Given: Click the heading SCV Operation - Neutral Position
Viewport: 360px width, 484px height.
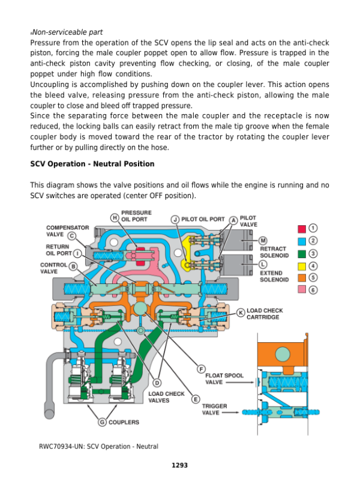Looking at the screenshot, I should pyautogui.click(x=92, y=164).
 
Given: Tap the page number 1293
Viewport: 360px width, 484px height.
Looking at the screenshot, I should pyautogui.click(x=179, y=465).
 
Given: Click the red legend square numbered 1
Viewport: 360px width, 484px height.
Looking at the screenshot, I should pyautogui.click(x=302, y=229).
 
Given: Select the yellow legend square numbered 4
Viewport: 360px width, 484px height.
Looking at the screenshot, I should pyautogui.click(x=302, y=265).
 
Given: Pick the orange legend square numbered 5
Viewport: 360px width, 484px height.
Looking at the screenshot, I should pyautogui.click(x=302, y=277).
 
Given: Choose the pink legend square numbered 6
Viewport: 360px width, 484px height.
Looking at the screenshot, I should pyautogui.click(x=302, y=290).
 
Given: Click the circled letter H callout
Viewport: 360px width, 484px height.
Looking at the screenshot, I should pyautogui.click(x=114, y=217).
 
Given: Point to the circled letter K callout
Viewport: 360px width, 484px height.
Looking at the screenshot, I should pyautogui.click(x=240, y=313).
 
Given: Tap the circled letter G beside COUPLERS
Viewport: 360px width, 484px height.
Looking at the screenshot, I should pyautogui.click(x=102, y=422).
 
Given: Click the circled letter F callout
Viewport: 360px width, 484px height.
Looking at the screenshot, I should pyautogui.click(x=202, y=368).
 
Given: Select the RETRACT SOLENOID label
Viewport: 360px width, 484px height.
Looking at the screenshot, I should pyautogui.click(x=274, y=252).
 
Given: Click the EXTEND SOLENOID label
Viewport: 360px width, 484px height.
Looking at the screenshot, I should pyautogui.click(x=274, y=276).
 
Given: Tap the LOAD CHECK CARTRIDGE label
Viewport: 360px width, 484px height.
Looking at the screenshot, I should pyautogui.click(x=265, y=314).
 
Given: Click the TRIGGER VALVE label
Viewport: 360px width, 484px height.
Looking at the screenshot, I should pyautogui.click(x=214, y=410).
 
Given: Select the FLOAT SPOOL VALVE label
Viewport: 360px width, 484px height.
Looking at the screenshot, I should pyautogui.click(x=224, y=379).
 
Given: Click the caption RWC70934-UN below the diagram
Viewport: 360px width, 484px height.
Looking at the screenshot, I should pyautogui.click(x=98, y=446).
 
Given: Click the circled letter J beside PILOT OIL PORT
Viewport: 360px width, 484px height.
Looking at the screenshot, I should pyautogui.click(x=175, y=220).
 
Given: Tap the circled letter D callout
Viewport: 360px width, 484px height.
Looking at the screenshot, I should pyautogui.click(x=157, y=383).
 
